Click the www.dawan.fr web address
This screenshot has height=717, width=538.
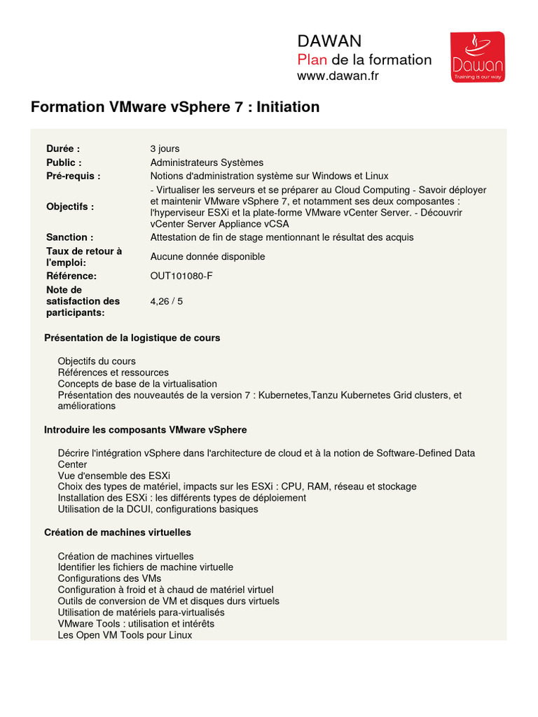pos(338,76)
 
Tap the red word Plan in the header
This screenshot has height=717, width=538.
pos(313,60)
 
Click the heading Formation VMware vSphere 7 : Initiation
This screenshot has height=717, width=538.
pos(175,107)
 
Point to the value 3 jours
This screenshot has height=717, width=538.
pos(165,148)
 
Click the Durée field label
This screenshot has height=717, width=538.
pos(63,148)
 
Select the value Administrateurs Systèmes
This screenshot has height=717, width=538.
pos(207,162)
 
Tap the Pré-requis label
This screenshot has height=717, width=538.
pos(74,176)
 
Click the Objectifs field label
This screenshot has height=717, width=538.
pos(70,207)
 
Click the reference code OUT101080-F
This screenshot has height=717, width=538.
pos(181,276)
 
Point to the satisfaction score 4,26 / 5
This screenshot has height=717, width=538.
pos(167,301)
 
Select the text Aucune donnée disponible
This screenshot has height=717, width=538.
pos(207,257)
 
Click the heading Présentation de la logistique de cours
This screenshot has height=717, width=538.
pos(132,337)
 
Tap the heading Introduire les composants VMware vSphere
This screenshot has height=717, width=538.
pos(146,429)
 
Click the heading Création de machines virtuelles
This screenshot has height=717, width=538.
pos(118,532)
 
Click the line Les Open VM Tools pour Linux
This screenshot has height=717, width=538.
pos(125,635)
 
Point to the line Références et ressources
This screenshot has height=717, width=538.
pos(113,373)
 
